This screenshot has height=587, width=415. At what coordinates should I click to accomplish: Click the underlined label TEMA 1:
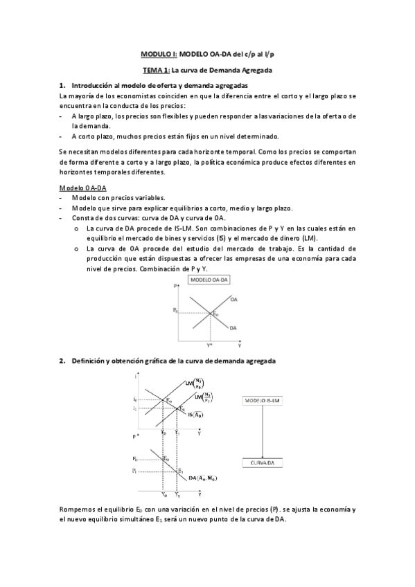pyautogui.click(x=157, y=70)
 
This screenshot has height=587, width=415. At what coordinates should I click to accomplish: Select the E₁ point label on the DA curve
pyautogui.click(x=181, y=471)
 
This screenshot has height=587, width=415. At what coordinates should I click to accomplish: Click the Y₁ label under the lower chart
pyautogui.click(x=178, y=495)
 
